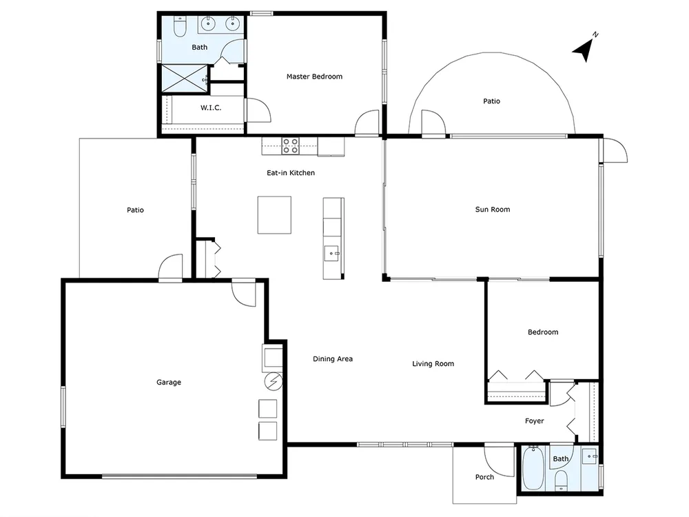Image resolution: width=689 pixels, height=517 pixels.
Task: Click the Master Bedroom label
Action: [314, 77]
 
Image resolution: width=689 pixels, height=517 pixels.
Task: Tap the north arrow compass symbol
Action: [584, 48]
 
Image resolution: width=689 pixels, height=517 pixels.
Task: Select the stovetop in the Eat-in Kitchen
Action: [290, 146]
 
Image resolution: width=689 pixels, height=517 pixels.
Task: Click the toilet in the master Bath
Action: [179, 26]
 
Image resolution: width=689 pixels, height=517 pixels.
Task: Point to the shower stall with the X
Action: [185, 79]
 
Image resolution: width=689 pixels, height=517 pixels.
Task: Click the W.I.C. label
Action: [211, 108]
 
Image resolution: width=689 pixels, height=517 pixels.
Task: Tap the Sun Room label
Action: [493, 210]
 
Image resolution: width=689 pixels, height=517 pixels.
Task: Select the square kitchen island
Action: [274, 215]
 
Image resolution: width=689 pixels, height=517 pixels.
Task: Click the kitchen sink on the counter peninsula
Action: [331, 254]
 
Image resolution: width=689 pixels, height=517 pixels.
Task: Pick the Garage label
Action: [169, 383]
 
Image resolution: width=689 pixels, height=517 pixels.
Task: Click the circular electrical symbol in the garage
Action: [274, 381]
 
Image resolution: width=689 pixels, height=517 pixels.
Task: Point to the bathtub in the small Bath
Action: [534, 469]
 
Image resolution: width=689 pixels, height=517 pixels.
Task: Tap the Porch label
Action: [484, 477]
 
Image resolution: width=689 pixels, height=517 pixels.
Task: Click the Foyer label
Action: [535, 420]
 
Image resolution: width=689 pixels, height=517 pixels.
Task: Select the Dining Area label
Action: [333, 358]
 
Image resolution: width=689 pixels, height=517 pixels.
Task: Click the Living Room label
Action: [433, 363]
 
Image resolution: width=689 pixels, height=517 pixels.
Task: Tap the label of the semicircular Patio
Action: [491, 101]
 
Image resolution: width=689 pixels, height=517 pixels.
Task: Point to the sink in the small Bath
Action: [590, 456]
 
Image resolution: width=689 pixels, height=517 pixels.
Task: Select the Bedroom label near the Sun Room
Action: [543, 332]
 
